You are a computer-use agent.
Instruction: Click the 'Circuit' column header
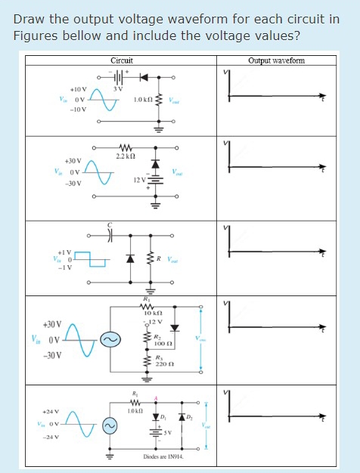(121, 61)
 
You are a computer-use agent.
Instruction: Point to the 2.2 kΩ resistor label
(126, 156)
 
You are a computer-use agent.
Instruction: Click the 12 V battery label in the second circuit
(139, 181)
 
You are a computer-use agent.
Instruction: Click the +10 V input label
(78, 89)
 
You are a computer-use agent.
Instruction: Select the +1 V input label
(66, 252)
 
